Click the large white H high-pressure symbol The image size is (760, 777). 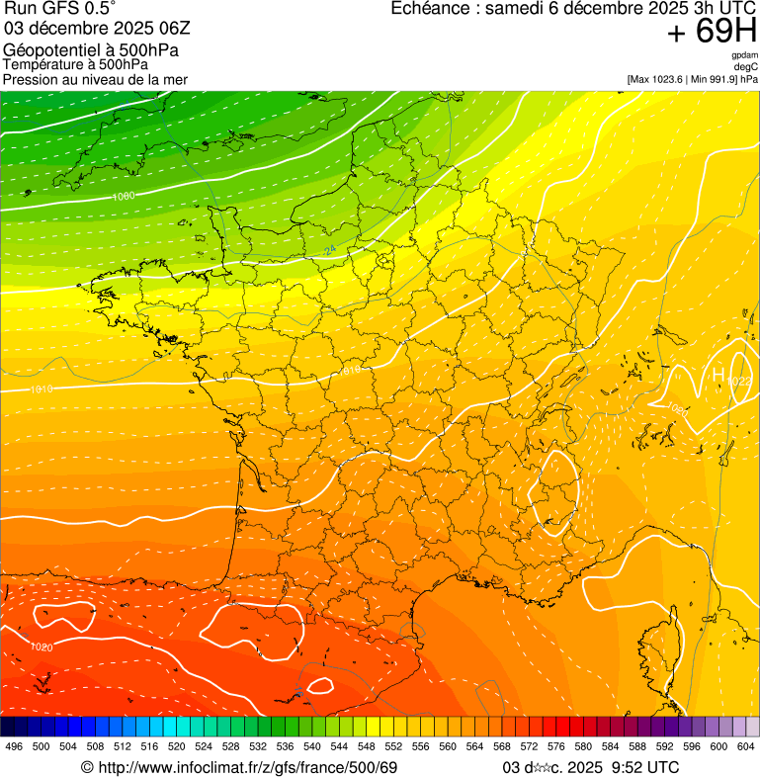718,375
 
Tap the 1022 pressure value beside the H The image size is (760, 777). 739,382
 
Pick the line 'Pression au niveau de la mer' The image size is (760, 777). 95,79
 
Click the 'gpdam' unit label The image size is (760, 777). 744,55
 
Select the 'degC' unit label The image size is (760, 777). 746,67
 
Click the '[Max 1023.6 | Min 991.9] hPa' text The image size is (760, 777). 692,79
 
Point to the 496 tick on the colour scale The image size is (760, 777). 14,746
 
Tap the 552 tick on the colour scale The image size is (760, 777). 393,746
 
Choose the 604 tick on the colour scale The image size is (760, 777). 746,746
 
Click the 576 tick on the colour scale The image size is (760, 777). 556,746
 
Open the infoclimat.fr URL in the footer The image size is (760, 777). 238,767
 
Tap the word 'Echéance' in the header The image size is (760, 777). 427,9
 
